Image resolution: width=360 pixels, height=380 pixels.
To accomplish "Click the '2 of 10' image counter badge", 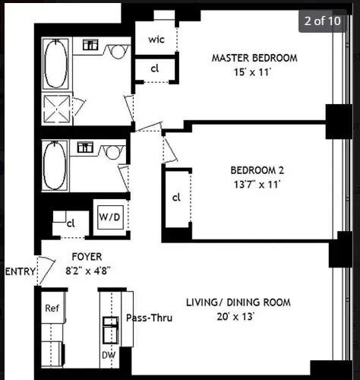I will coord(322,21).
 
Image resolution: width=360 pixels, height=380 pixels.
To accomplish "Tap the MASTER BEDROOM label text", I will coord(254,58).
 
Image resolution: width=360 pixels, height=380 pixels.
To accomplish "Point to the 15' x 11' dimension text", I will coord(254,71).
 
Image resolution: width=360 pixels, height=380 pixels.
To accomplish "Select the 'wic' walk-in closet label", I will coord(156,40).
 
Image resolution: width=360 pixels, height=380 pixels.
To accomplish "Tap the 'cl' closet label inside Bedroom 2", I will coord(175,198).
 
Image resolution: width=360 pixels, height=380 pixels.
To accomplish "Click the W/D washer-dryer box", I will coord(109,217).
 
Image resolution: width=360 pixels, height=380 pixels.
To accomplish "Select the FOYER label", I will coord(87,257).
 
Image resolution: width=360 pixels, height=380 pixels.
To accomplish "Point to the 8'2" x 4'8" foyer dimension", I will coord(87,270).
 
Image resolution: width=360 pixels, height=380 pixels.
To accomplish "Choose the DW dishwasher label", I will coord(109,355).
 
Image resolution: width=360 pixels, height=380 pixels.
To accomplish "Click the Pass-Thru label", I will coord(149,318).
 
